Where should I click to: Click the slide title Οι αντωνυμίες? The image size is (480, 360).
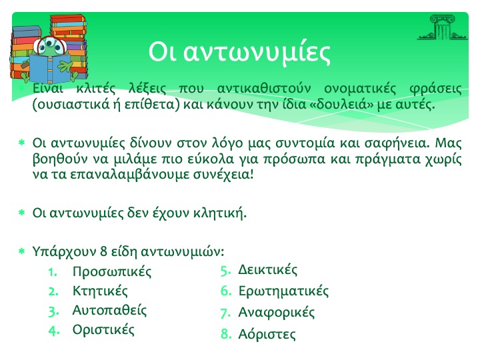tap(239, 52)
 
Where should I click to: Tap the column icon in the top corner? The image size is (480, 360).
tap(442, 27)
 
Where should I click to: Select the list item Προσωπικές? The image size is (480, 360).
tap(112, 272)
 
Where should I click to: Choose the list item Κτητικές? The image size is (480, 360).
tap(100, 291)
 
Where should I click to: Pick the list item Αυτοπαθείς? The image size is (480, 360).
tap(109, 311)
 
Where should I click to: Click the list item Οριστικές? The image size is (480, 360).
tap(103, 330)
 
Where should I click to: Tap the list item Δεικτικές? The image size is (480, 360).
tap(267, 270)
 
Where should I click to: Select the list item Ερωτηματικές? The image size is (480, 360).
tap(283, 291)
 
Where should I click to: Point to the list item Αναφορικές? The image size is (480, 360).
tap(277, 313)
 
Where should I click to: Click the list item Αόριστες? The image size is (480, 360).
tap(267, 334)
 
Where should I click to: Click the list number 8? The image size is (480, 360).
tap(226, 334)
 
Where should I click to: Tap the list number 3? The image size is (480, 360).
tap(53, 311)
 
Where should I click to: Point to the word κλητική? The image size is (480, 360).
tap(220, 213)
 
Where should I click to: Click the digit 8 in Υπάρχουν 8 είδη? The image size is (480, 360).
tap(103, 251)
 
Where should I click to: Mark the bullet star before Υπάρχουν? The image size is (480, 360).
tap(22, 251)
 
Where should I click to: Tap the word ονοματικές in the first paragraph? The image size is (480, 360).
tap(360, 89)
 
